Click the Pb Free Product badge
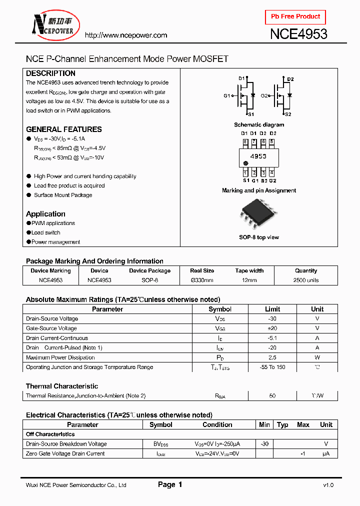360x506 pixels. (x=295, y=16)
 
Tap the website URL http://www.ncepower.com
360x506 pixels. (x=125, y=35)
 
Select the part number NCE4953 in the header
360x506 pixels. (x=298, y=34)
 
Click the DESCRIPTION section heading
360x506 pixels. (x=50, y=73)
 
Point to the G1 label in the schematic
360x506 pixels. (x=226, y=95)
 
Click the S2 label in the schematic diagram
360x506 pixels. (x=288, y=114)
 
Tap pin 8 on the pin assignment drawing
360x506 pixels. (x=245, y=141)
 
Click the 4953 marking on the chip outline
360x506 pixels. (x=258, y=156)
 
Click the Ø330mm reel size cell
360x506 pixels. (x=202, y=280)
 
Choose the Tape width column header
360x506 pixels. (x=249, y=270)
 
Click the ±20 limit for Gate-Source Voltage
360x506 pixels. (x=272, y=328)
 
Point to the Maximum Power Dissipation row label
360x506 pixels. (x=60, y=357)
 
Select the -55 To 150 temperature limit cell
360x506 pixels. (x=272, y=367)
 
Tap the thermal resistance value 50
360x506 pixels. (x=272, y=396)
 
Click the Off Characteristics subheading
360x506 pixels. (x=50, y=434)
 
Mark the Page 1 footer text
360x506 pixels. (x=170, y=484)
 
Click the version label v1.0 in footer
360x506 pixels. (x=328, y=485)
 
